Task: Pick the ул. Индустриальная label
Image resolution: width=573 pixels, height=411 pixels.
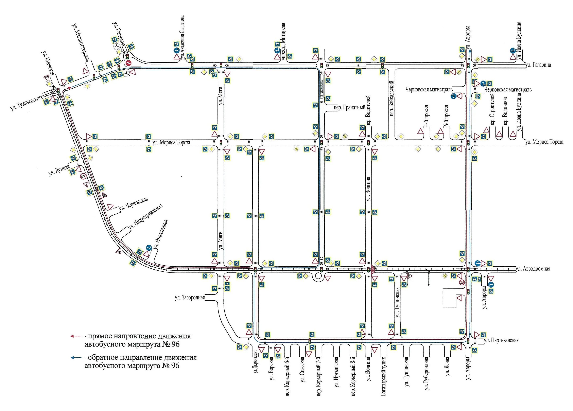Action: [145, 218]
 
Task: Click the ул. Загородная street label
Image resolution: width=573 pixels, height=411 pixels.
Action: [190, 298]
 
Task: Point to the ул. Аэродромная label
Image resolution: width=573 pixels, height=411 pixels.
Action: [533, 269]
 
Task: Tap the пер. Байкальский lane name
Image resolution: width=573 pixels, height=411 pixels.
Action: [392, 98]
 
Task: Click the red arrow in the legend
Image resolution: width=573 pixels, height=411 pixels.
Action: [75, 336]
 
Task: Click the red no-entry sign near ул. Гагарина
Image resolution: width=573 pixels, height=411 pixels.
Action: [128, 63]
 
